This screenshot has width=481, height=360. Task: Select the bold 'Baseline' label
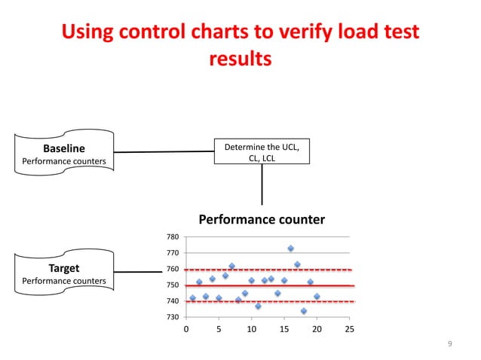pos(63,148)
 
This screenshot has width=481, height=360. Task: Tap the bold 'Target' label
pos(63,268)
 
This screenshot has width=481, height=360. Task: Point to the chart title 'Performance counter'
pos(261,219)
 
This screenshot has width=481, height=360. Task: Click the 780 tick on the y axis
pos(173,237)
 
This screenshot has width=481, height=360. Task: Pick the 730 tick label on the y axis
pos(173,317)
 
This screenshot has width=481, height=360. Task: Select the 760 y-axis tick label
pos(173,269)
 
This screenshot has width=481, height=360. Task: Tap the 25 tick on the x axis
pos(348,329)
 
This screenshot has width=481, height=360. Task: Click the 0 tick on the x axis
pos(187,329)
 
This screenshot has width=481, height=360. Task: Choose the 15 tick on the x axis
pos(284,329)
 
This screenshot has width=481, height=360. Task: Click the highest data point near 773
pos(290,248)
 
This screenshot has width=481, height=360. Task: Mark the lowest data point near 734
pos(303,310)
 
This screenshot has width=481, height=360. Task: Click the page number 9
pos(449,344)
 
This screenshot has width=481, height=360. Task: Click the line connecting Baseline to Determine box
pos(164,151)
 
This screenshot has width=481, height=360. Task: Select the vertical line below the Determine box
pos(262,185)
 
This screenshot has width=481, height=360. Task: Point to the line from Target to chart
pos(149,272)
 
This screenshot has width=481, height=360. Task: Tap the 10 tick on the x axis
pos(251,329)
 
